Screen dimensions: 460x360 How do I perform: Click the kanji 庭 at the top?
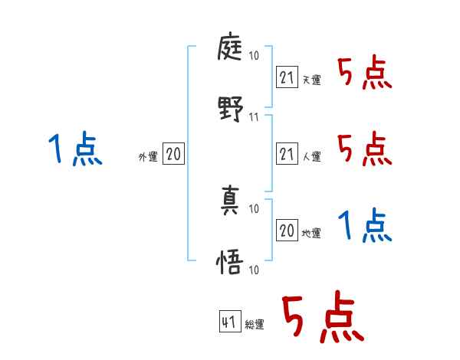230,50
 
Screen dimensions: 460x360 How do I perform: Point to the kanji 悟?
230,263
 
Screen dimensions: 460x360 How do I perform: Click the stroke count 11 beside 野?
255,117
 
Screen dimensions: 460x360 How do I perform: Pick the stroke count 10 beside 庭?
255,56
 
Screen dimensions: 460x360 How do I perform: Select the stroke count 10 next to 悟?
255,269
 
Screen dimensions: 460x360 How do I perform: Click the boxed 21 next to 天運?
287,77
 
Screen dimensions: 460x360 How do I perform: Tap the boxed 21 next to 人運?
287,155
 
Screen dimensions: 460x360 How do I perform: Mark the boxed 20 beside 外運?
174,155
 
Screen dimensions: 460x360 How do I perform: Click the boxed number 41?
228,322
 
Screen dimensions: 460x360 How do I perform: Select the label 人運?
311,157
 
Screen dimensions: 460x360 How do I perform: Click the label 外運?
148,157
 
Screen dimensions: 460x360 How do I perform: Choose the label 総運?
254,325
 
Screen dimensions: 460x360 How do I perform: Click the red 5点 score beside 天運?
364,74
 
